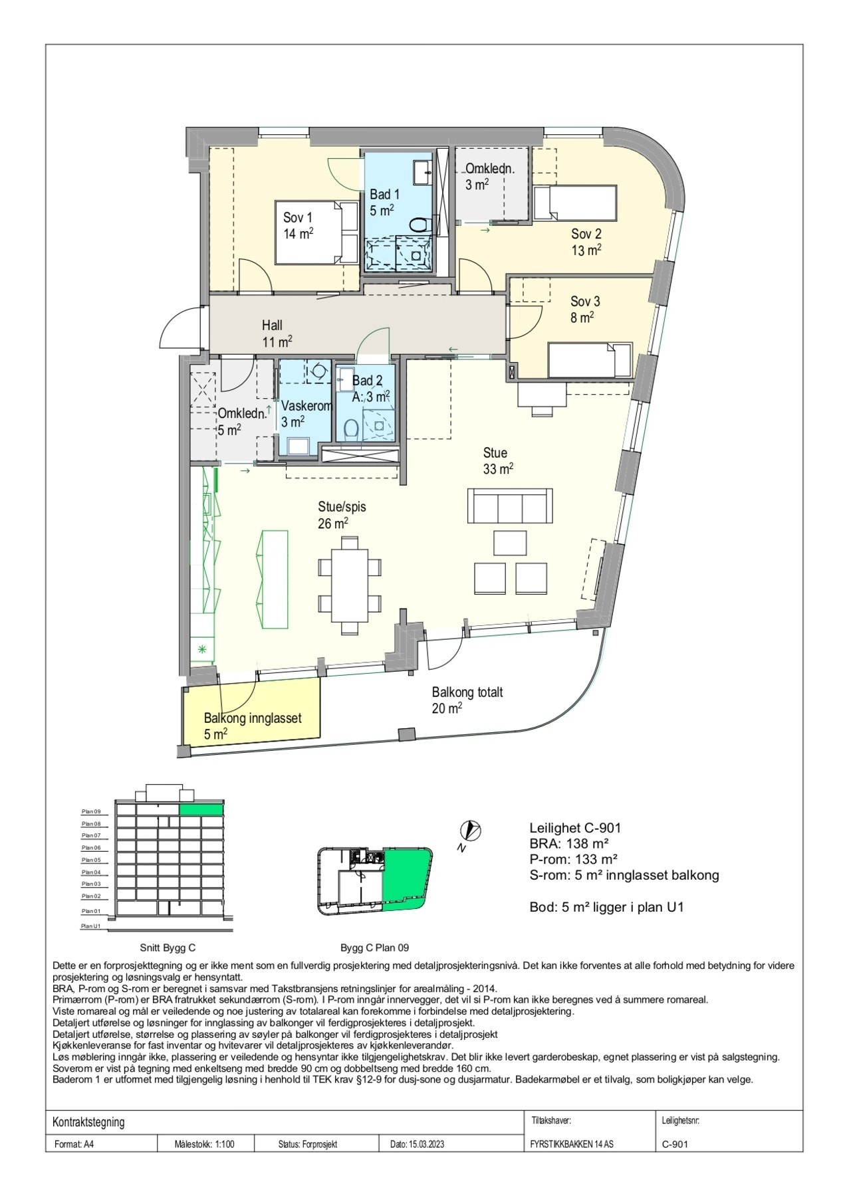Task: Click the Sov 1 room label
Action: coord(298,225)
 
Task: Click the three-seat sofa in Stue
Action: coord(510,506)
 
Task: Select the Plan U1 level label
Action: coord(90,926)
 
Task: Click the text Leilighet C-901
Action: coord(575,828)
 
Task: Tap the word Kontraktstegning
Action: coord(88,1122)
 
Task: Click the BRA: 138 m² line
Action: coord(570,844)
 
